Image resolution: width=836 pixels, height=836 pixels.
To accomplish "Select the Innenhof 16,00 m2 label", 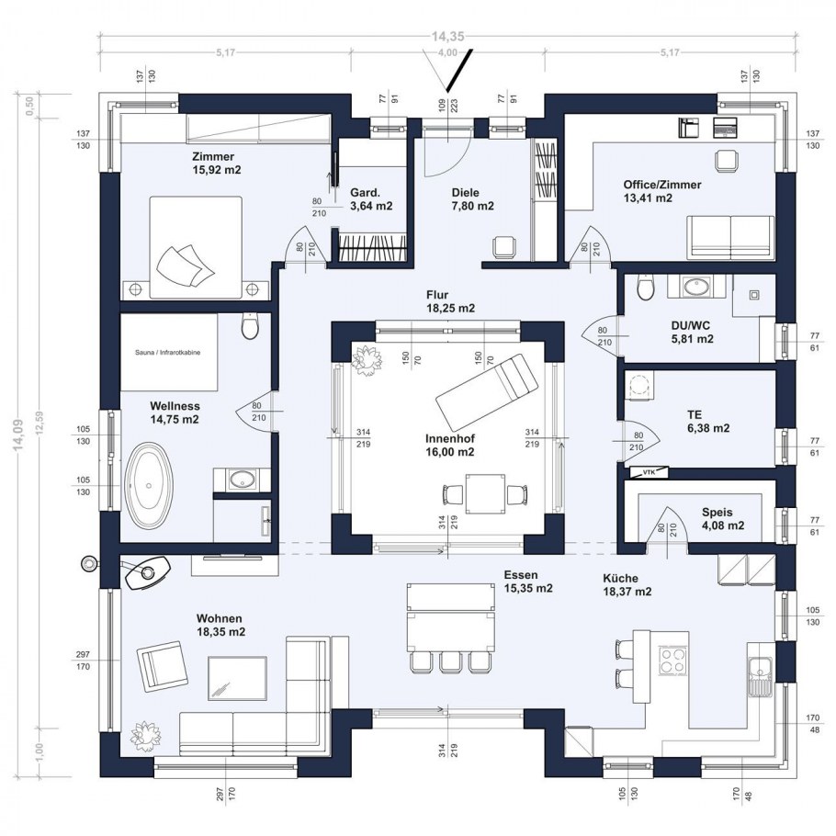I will [450, 445].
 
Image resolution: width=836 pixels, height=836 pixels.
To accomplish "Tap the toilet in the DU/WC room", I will [646, 290].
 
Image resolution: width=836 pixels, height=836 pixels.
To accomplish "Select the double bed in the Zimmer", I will [183, 246].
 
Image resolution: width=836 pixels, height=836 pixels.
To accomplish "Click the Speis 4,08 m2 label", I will [722, 519].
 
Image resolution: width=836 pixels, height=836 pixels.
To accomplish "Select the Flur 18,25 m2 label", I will [449, 302].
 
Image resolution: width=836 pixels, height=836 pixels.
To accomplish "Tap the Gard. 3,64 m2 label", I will [371, 199].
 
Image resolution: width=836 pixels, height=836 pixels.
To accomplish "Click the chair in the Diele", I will [503, 247].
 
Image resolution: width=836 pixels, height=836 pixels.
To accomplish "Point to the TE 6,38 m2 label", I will [707, 421].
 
